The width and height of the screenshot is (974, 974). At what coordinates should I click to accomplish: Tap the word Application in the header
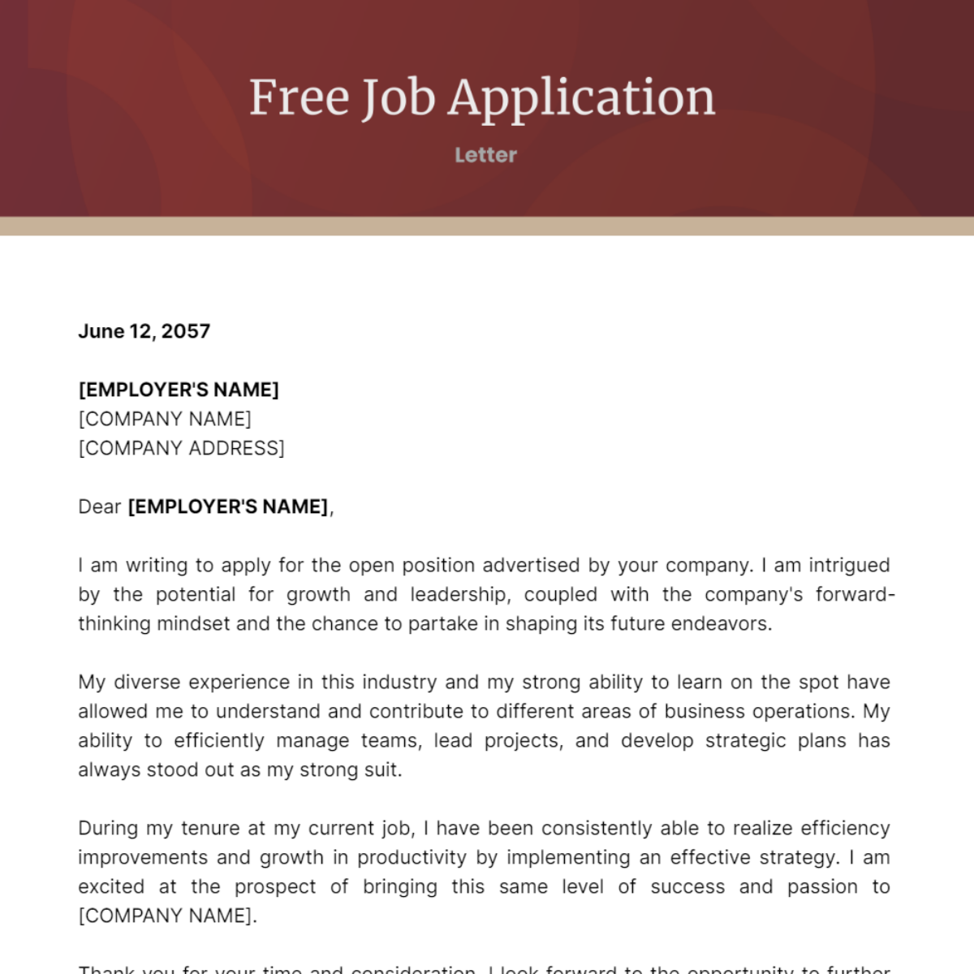click(582, 99)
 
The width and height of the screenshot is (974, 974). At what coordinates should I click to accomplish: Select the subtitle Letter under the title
click(485, 155)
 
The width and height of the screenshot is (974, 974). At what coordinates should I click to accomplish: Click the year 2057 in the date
click(186, 331)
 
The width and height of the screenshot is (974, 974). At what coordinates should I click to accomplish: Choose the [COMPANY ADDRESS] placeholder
click(181, 448)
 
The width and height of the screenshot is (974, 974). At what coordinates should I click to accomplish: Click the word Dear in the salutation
click(100, 506)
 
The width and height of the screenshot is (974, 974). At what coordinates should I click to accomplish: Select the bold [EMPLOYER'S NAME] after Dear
click(228, 506)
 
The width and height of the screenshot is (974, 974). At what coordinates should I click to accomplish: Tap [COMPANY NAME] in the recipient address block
click(165, 419)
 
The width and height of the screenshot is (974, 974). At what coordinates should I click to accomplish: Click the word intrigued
click(849, 565)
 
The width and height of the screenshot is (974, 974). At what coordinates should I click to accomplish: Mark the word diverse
click(144, 682)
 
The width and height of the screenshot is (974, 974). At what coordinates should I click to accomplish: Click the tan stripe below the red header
click(487, 226)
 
